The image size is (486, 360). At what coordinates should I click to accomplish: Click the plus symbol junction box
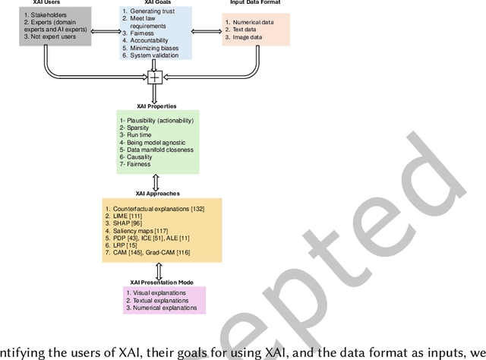(x=155, y=77)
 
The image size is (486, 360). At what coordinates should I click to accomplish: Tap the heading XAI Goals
(x=156, y=3)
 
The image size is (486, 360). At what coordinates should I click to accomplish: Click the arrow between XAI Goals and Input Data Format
(x=207, y=32)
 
